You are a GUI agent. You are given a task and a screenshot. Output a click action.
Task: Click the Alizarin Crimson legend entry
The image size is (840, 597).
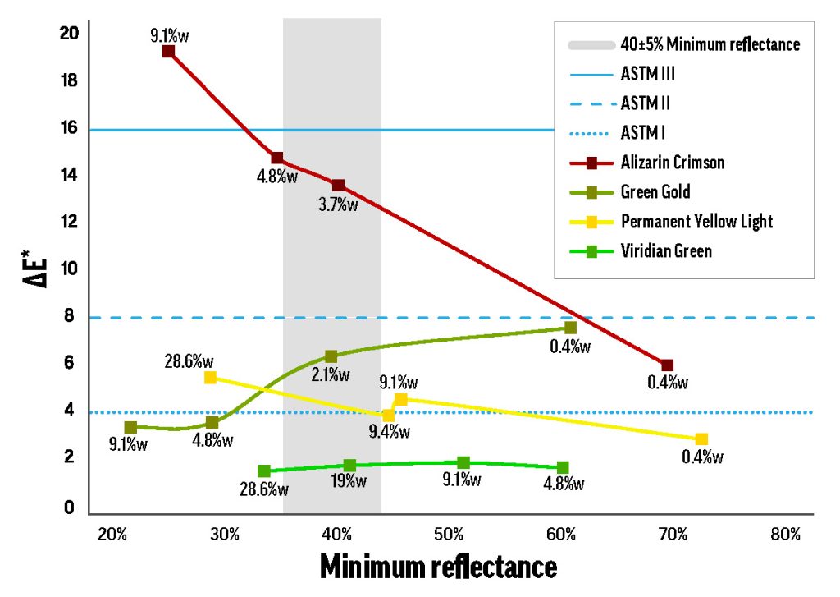pos(673,163)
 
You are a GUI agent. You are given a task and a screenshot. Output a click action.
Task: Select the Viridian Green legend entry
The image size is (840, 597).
pos(666,251)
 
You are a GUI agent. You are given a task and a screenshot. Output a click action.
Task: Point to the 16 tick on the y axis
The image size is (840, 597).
pos(68,128)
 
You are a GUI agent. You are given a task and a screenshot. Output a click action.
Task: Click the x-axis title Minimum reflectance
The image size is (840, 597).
pos(438,567)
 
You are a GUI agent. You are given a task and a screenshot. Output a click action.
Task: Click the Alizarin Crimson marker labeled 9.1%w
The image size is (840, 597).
pos(168,51)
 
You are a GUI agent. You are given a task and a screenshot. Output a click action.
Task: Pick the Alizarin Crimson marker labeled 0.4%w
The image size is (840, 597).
pos(667,365)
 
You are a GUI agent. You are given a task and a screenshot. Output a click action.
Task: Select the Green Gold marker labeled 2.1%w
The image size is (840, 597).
pos(331,356)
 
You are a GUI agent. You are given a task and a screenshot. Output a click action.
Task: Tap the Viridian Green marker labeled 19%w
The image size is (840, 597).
pos(350,466)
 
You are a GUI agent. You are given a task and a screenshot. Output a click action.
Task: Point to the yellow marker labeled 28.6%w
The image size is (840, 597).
pos(210,378)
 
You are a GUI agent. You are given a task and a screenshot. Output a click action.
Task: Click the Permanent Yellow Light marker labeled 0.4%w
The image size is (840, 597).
pos(701,439)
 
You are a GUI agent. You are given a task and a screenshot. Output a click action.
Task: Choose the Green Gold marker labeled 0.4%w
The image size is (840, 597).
pos(571,328)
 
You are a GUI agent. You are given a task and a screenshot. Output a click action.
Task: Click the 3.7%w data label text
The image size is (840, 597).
pos(338,204)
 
